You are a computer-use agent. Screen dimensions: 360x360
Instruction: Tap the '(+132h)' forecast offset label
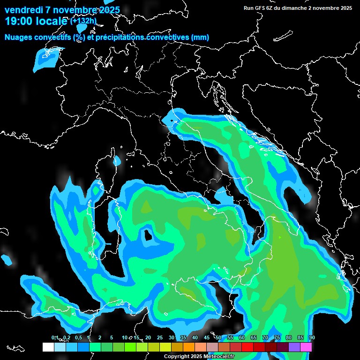click(83, 21)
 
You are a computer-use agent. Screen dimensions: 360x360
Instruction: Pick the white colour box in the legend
click(48, 347)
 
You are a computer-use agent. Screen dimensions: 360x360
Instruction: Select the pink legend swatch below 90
click(306, 347)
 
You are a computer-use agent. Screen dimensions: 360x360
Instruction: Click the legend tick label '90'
click(312, 337)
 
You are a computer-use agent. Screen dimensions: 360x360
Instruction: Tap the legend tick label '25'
click(159, 337)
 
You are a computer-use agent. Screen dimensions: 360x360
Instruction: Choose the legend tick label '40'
click(195, 337)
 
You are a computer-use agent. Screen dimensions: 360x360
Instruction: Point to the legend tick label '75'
click(277, 337)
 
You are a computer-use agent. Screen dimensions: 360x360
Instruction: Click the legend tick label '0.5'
click(78, 337)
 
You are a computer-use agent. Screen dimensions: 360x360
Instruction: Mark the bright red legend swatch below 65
click(247, 347)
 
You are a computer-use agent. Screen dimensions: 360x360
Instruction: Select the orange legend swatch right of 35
click(189, 347)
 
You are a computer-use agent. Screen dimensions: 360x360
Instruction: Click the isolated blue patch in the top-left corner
click(47, 59)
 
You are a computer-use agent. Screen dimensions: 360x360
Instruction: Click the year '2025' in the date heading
click(106, 10)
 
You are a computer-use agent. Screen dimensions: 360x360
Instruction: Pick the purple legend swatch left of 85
click(294, 347)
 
